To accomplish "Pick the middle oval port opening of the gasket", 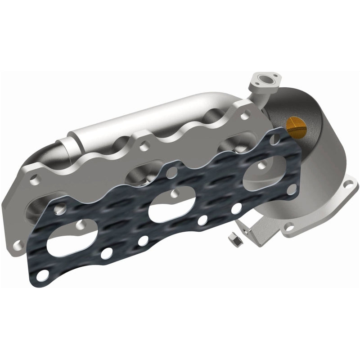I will tap(166, 207).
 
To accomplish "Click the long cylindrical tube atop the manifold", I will tap(135, 119).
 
